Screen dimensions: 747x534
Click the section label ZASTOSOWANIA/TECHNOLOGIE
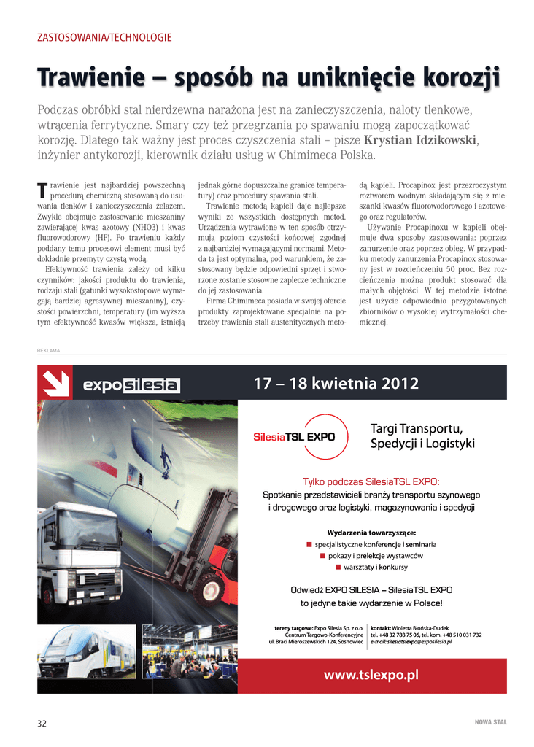click(104, 37)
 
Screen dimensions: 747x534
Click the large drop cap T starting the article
click(42, 190)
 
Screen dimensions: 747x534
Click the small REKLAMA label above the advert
click(48, 351)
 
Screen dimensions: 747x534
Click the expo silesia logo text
click(131, 384)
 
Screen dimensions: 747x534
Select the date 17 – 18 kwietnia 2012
click(336, 384)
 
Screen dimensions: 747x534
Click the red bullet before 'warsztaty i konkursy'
click(338, 567)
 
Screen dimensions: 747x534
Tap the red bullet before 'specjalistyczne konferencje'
click(309, 544)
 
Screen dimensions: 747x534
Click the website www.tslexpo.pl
click(371, 675)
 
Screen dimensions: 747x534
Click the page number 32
click(42, 723)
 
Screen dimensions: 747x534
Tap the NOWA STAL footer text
click(490, 723)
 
